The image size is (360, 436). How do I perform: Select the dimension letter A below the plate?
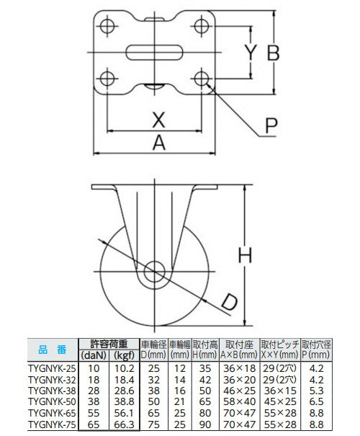[158, 143]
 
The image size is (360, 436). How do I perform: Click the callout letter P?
[270, 126]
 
